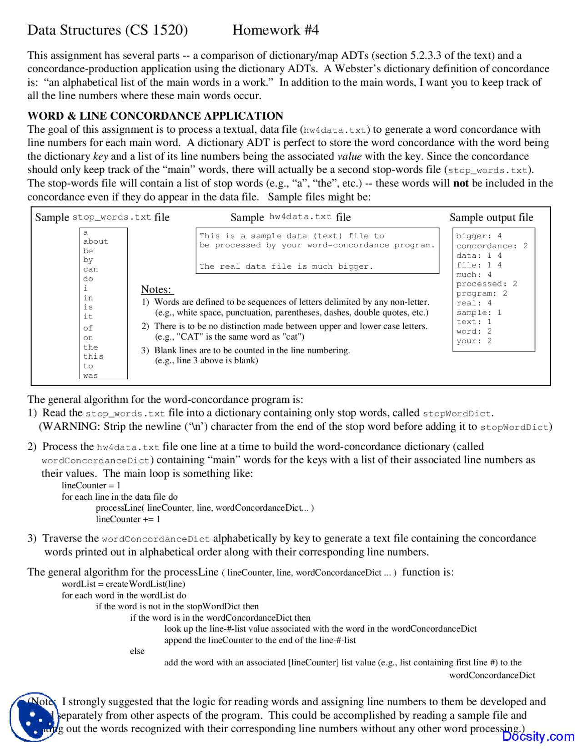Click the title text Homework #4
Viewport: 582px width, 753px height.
click(x=275, y=30)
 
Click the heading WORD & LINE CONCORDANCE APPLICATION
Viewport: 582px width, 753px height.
click(x=155, y=116)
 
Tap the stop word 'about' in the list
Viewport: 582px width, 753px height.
click(x=95, y=241)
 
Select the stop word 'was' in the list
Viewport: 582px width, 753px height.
click(x=90, y=376)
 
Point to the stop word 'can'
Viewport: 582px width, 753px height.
click(x=90, y=269)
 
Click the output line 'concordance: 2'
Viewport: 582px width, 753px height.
click(x=492, y=246)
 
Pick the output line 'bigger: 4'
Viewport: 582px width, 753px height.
click(x=479, y=236)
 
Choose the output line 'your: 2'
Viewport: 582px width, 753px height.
click(x=474, y=341)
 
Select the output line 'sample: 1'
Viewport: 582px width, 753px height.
click(x=479, y=312)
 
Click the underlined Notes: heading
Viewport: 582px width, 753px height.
click(x=156, y=290)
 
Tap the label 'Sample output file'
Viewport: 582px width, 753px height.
click(x=491, y=217)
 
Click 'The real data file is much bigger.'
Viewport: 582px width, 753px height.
click(x=286, y=266)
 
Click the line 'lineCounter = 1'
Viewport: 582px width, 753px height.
click(x=91, y=485)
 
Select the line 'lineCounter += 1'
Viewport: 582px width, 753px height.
click(x=128, y=519)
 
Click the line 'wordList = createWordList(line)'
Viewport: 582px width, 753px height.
click(x=123, y=584)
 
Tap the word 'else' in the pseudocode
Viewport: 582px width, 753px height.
click(x=137, y=651)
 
